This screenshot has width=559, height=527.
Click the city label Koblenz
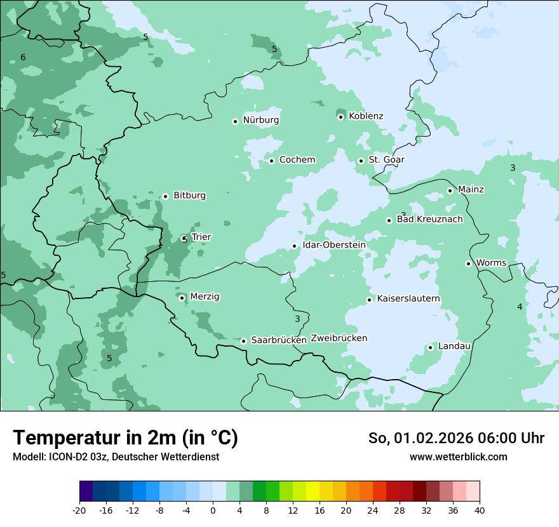(366, 116)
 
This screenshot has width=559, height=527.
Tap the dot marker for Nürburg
(235, 121)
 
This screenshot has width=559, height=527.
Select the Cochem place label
(297, 160)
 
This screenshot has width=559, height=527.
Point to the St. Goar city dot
(361, 161)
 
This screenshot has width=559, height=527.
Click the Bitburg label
(189, 196)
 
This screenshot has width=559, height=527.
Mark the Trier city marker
(184, 239)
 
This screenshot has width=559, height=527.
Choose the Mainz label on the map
(471, 190)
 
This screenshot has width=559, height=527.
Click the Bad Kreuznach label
(429, 220)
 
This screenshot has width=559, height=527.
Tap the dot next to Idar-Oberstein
(294, 246)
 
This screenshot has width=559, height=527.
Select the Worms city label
(491, 263)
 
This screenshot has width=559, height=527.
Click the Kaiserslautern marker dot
(369, 300)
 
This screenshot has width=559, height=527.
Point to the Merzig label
(205, 297)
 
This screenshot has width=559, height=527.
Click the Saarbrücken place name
(279, 340)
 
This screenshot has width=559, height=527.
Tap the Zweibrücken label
(339, 338)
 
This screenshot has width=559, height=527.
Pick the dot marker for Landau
(430, 347)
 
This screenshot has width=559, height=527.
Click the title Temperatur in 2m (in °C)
(126, 438)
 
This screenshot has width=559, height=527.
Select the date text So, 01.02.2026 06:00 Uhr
(456, 438)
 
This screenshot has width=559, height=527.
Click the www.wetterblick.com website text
(458, 457)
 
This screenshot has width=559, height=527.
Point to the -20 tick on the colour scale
(79, 510)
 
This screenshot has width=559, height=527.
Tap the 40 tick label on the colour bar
(479, 510)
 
